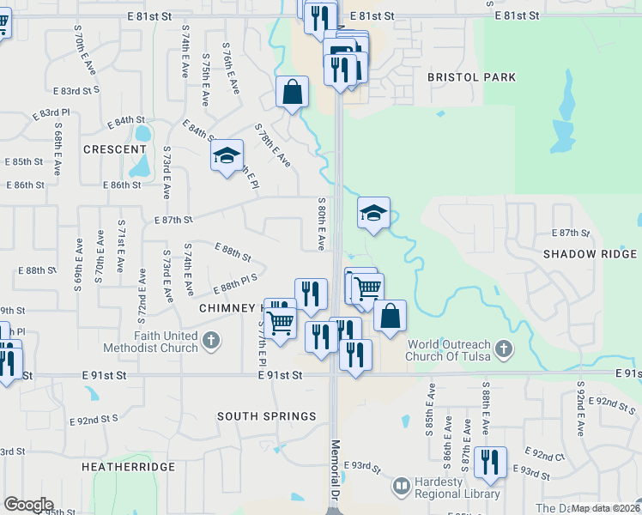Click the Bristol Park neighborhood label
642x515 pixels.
(x=472, y=77)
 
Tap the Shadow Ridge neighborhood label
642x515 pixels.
(x=590, y=254)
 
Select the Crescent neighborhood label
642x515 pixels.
(x=114, y=149)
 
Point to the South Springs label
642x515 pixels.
(x=266, y=416)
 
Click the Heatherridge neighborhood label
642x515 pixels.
(x=128, y=467)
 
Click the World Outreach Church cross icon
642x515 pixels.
(x=504, y=349)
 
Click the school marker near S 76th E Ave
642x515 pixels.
(x=227, y=155)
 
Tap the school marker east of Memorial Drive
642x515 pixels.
(x=373, y=213)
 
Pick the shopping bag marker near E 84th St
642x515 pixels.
(x=292, y=91)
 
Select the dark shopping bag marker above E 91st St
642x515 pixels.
(x=390, y=315)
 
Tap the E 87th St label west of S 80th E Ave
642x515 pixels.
(x=173, y=220)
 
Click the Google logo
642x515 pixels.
(x=28, y=505)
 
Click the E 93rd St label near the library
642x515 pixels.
(x=361, y=465)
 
